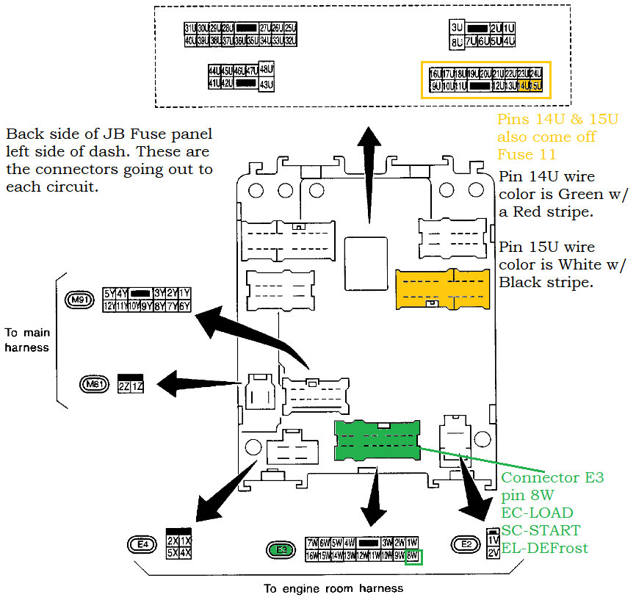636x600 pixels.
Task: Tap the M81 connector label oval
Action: (95, 383)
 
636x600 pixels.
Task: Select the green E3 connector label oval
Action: (280, 549)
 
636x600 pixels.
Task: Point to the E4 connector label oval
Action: (143, 544)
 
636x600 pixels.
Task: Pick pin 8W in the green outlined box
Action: (413, 556)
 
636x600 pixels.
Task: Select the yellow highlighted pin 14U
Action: (524, 86)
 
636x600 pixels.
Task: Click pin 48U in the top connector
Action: (267, 69)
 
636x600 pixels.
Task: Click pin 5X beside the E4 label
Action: (172, 552)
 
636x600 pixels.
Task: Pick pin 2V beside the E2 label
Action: (493, 552)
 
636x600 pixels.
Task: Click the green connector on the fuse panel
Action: (377, 441)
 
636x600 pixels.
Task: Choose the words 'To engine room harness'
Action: (333, 588)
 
